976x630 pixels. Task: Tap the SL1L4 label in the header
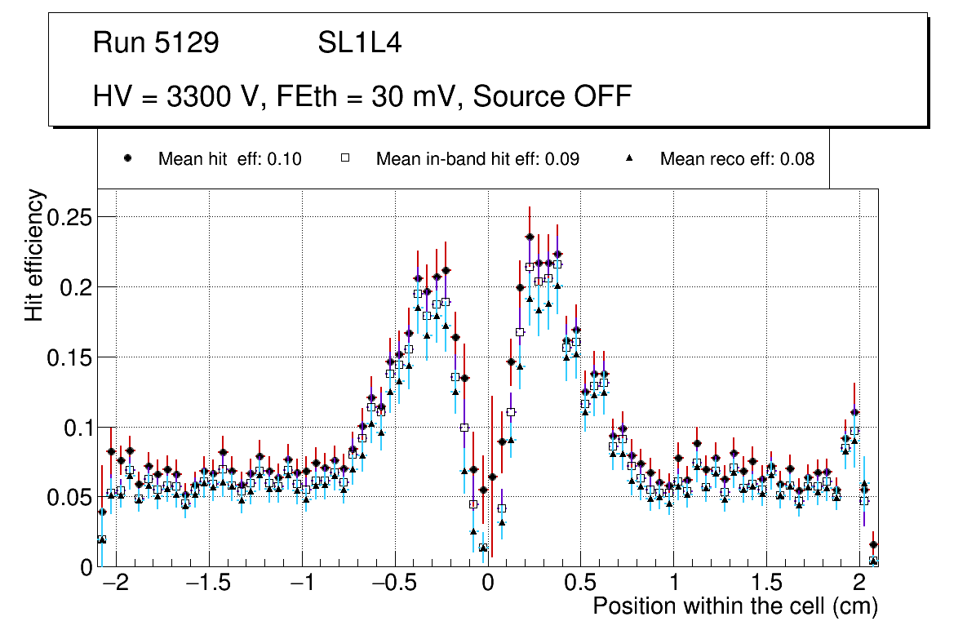point(360,43)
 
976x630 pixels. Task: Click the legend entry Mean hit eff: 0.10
point(229,159)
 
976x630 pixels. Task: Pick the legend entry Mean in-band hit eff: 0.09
point(477,159)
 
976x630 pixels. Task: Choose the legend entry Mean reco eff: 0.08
point(737,159)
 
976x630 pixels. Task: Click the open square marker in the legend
point(344,158)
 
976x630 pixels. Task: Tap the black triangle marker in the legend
point(629,158)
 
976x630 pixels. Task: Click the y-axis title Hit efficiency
point(34,255)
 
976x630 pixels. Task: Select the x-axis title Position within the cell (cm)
point(734,607)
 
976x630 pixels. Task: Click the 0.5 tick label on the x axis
point(581,584)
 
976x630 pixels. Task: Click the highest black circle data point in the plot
point(530,237)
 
